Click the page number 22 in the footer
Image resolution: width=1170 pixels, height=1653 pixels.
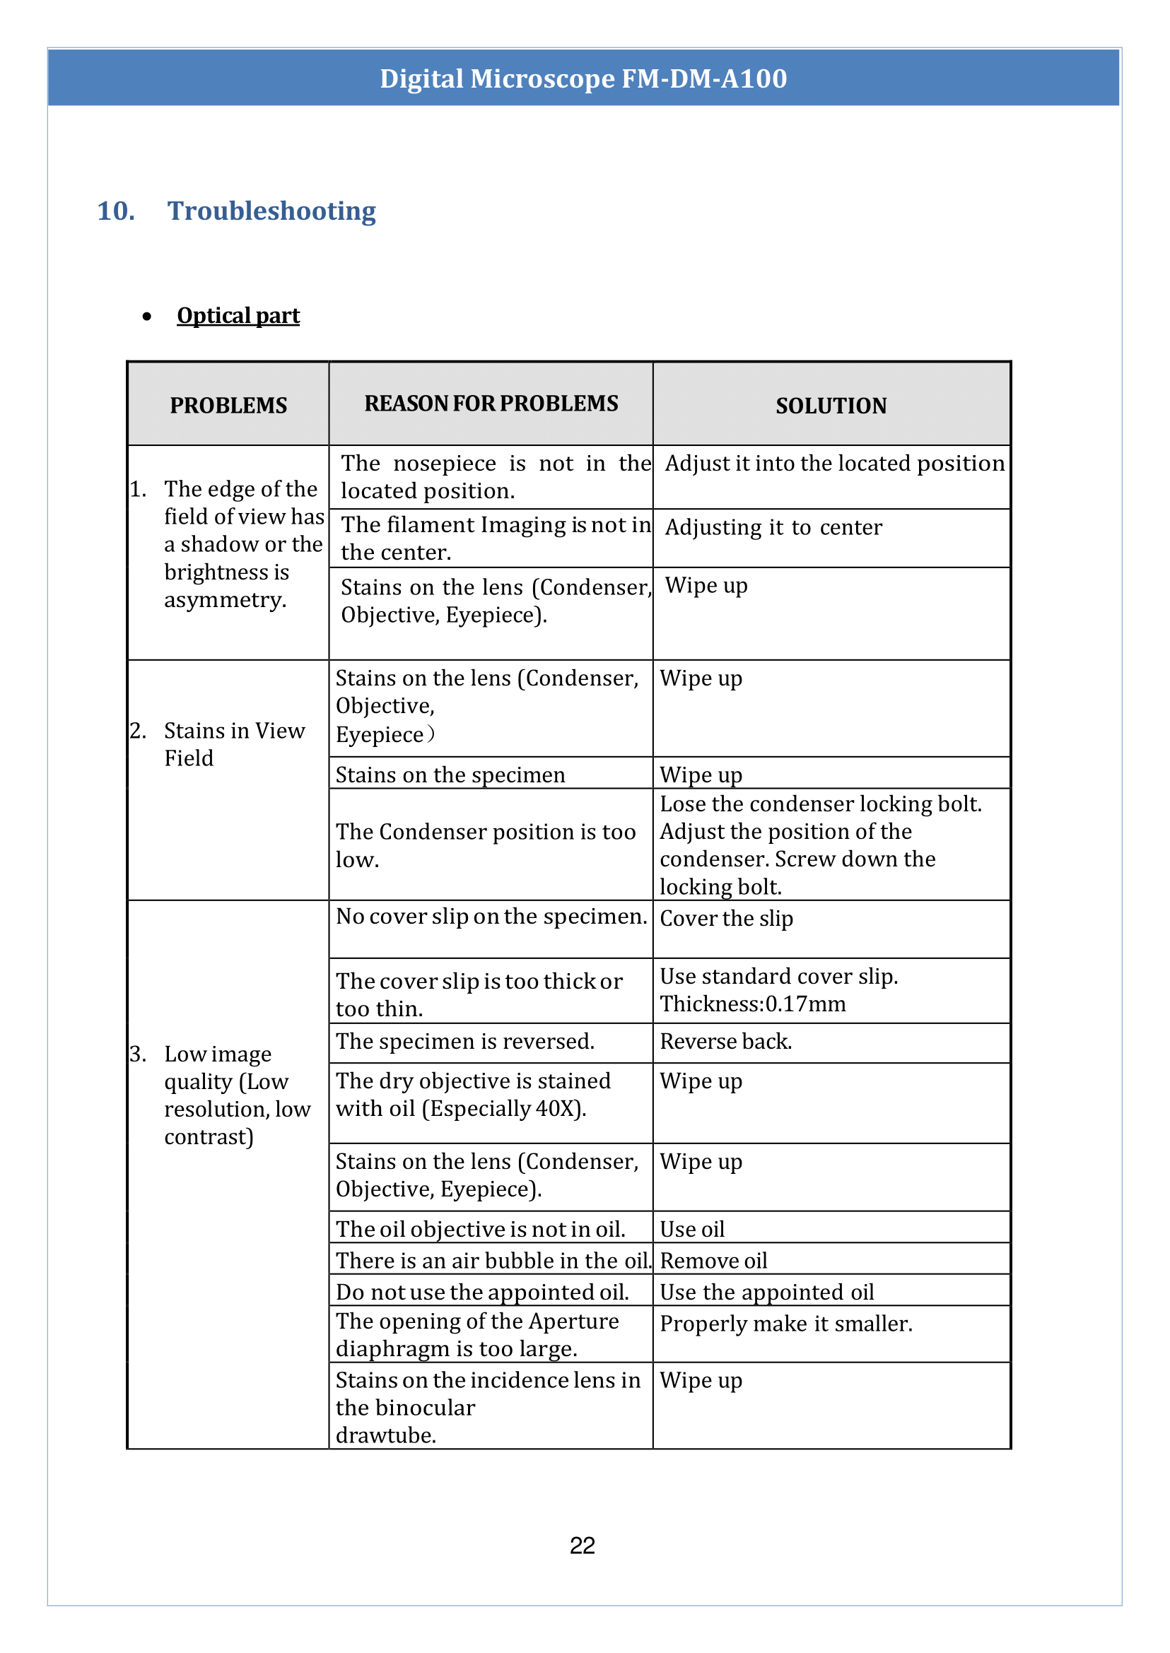pyautogui.click(x=582, y=1545)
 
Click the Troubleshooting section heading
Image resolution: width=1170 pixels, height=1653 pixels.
pyautogui.click(x=271, y=211)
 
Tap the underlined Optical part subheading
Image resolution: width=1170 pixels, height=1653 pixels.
pyautogui.click(x=238, y=315)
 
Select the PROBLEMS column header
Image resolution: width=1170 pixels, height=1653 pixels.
pyautogui.click(x=228, y=406)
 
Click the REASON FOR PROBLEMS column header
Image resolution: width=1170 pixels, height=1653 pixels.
pyautogui.click(x=491, y=404)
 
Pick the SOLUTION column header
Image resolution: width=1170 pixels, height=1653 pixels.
pyautogui.click(x=831, y=406)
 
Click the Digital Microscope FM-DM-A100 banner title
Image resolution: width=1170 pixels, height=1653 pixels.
pyautogui.click(x=583, y=78)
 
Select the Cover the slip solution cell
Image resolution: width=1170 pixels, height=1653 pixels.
pyautogui.click(x=726, y=918)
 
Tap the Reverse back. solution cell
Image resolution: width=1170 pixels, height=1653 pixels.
pyautogui.click(x=725, y=1042)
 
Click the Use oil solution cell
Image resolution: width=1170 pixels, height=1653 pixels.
pyautogui.click(x=692, y=1229)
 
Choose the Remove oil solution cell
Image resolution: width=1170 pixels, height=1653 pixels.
pyautogui.click(x=713, y=1261)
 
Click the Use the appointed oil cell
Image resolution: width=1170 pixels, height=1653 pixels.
pyautogui.click(x=766, y=1292)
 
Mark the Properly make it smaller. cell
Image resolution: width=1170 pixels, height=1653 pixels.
pyautogui.click(x=786, y=1324)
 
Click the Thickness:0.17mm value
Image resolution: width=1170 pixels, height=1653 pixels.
pyautogui.click(x=753, y=1004)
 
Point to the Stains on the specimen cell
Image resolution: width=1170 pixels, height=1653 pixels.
pyautogui.click(x=450, y=775)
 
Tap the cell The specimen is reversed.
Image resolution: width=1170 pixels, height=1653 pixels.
pyautogui.click(x=464, y=1042)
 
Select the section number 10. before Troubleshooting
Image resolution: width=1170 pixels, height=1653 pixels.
pyautogui.click(x=116, y=211)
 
